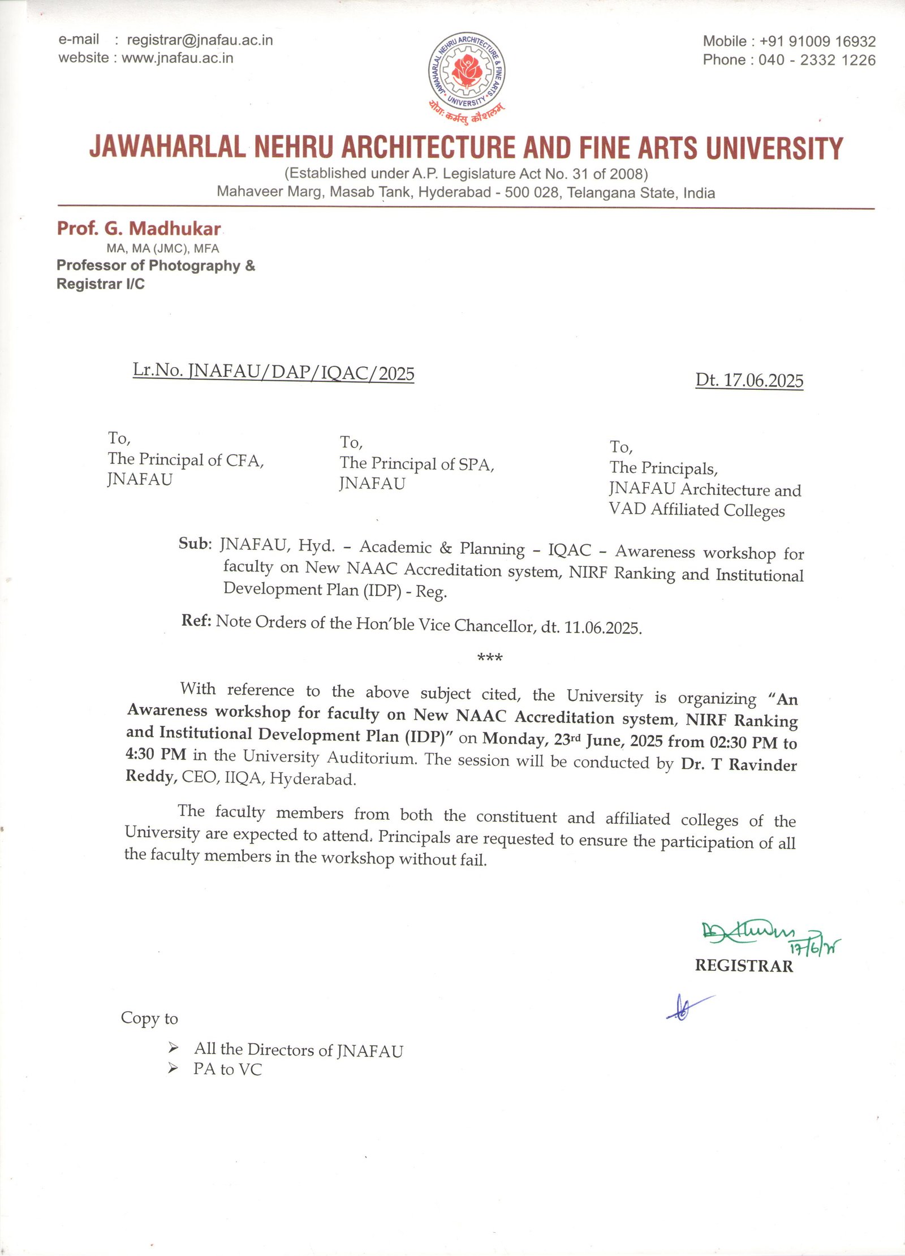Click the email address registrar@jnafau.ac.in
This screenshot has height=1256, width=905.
(x=200, y=40)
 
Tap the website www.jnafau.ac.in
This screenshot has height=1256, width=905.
(x=177, y=58)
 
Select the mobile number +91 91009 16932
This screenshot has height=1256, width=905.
(x=817, y=41)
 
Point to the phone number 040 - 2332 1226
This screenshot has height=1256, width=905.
(x=817, y=60)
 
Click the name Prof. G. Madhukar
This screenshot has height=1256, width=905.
(x=139, y=229)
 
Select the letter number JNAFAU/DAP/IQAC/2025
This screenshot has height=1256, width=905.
(x=301, y=372)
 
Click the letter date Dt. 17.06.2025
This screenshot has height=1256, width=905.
(x=749, y=380)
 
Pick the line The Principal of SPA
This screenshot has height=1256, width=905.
(x=417, y=464)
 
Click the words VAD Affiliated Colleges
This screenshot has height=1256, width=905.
(x=697, y=510)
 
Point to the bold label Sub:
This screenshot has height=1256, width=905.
(x=195, y=543)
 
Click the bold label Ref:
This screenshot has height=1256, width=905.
(x=196, y=620)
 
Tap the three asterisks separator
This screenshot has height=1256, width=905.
(x=490, y=657)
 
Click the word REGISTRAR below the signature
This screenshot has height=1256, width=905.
(x=744, y=966)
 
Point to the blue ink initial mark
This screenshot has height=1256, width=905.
(x=686, y=1007)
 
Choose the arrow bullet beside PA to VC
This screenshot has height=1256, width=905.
(x=173, y=1068)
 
